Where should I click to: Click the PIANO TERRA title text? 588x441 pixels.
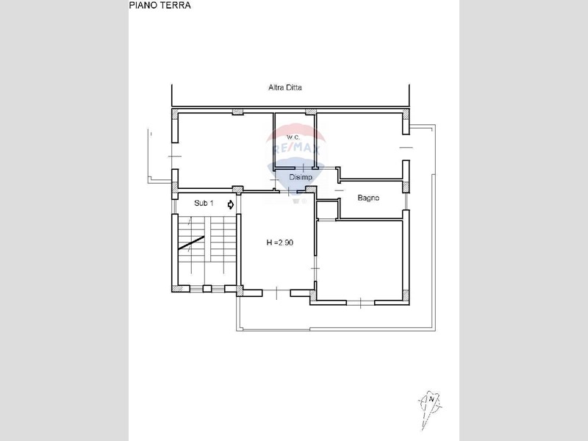pyautogui.click(x=160, y=5)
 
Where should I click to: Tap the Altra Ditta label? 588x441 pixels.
pyautogui.click(x=285, y=87)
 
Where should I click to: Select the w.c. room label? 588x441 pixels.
pyautogui.click(x=293, y=137)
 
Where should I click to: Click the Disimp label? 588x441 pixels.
pyautogui.click(x=301, y=177)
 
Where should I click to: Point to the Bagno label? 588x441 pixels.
pyautogui.click(x=368, y=198)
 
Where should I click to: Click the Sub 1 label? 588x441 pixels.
pyautogui.click(x=204, y=204)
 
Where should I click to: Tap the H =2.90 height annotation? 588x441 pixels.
pyautogui.click(x=280, y=243)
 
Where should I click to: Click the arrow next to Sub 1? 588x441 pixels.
pyautogui.click(x=231, y=204)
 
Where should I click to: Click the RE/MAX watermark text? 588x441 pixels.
pyautogui.click(x=296, y=149)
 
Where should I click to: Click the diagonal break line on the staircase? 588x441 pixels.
pyautogui.click(x=191, y=243)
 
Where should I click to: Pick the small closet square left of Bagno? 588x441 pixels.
pyautogui.click(x=328, y=210)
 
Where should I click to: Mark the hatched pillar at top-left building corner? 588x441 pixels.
pyautogui.click(x=175, y=113)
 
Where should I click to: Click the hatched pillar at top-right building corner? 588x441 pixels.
pyautogui.click(x=406, y=113)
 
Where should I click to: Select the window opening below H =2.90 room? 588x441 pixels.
pyautogui.click(x=276, y=292)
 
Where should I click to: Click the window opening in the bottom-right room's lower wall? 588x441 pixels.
pyautogui.click(x=360, y=302)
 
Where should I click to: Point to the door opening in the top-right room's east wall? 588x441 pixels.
pyautogui.click(x=406, y=148)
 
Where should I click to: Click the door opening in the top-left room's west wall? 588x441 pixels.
pyautogui.click(x=175, y=156)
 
